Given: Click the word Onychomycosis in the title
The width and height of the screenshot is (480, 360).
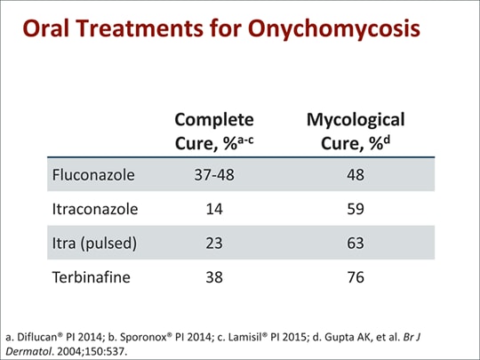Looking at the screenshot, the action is pos(334,28).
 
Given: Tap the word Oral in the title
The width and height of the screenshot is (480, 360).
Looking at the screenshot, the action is pos(46,28).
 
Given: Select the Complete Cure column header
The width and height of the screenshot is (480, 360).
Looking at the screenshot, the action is pos(214,131).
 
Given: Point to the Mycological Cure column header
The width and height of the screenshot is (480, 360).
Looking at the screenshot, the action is pos(356,131).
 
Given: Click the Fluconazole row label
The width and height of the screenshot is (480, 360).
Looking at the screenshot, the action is pos(93,175).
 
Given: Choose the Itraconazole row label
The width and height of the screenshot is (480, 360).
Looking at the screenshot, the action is pos(95,209).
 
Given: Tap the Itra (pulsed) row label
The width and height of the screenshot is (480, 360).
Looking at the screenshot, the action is pos(94,244).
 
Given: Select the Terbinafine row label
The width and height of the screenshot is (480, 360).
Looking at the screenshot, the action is pos(92,277).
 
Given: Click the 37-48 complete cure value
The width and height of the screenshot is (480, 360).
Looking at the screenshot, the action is pos(214,175).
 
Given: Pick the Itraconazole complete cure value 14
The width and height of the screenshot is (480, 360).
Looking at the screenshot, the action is pos(214,209).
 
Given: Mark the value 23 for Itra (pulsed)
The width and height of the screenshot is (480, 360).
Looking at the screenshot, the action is pos(214,244).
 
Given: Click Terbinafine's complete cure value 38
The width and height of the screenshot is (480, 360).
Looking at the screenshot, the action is pos(214,277).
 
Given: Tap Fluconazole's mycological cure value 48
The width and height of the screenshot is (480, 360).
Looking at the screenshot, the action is pos(356,175).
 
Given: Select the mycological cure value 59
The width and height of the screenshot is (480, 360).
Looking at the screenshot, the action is pos(356,209).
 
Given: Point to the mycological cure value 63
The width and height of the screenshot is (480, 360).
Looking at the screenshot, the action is pos(356,244).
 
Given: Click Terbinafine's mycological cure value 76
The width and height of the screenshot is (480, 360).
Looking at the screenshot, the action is pos(356,277).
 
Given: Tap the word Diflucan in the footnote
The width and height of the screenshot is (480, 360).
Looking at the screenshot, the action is pos(37,337).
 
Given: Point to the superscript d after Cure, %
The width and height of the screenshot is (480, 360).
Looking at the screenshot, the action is pos(387,140).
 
